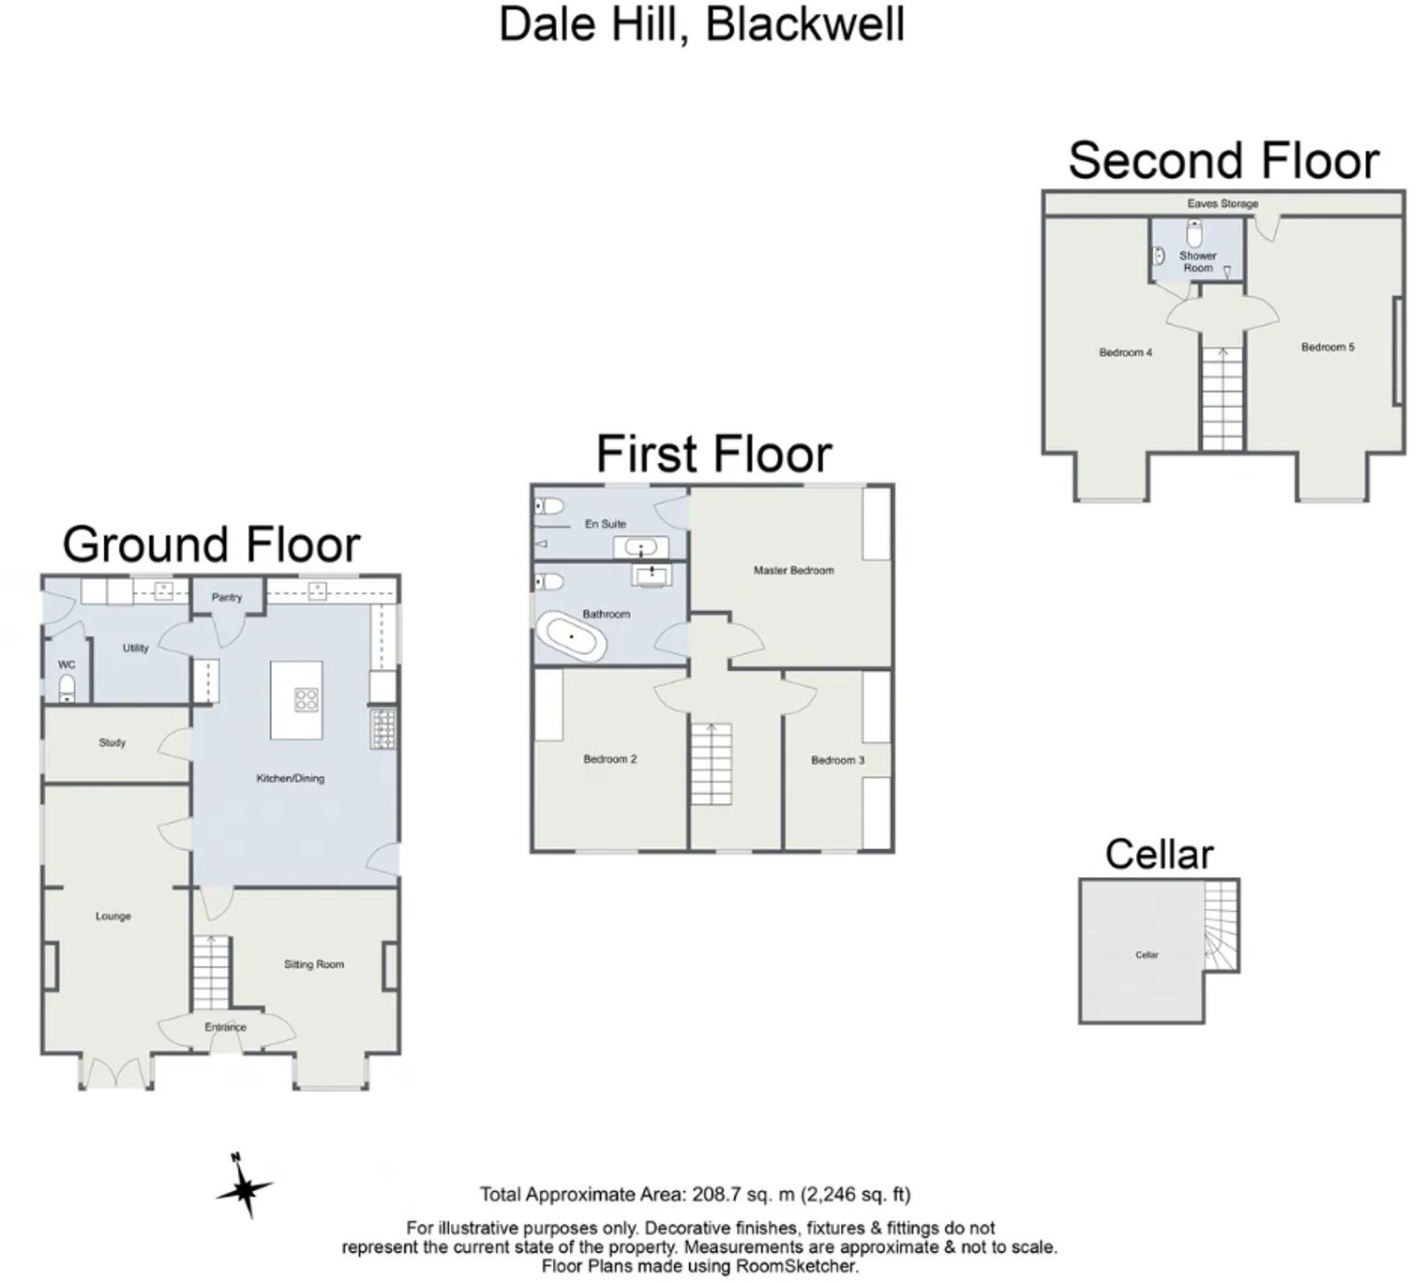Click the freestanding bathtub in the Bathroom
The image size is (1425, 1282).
[571, 637]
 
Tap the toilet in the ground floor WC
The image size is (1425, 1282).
[67, 689]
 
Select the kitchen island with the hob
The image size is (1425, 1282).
[296, 700]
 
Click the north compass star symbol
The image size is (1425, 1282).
[245, 1188]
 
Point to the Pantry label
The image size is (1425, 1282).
[227, 597]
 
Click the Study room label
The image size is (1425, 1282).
[112, 743]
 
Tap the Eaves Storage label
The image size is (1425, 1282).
[1222, 203]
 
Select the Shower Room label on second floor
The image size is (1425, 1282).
[1198, 261]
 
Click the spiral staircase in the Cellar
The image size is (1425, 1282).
[1222, 928]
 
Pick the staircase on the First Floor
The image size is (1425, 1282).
[712, 764]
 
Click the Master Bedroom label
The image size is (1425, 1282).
[793, 570]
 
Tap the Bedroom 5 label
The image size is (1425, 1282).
[1327, 347]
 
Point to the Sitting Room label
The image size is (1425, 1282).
[314, 964]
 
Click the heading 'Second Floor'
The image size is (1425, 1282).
[1223, 160]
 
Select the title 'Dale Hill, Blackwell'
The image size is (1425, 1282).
[701, 24]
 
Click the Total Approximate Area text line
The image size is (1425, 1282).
[695, 1195]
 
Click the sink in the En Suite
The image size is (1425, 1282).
[641, 546]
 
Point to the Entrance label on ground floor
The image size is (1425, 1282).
[225, 1027]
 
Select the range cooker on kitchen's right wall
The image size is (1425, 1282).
[384, 729]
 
